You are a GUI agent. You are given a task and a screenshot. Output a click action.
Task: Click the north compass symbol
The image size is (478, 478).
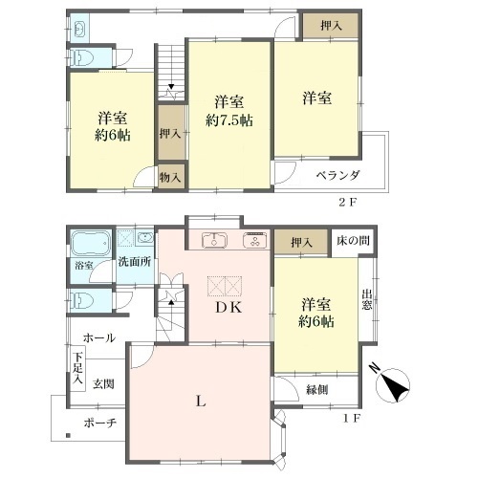pyautogui.click(x=393, y=385)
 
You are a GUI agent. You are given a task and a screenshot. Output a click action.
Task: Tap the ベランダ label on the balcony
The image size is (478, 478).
pyautogui.click(x=337, y=175)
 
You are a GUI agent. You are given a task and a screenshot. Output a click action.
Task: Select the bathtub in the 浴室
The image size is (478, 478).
pyautogui.click(x=91, y=243)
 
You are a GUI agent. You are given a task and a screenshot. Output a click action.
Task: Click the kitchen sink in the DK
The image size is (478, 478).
pyautogui.click(x=214, y=240)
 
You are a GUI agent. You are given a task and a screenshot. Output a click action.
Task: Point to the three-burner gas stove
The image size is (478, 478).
pyautogui.click(x=254, y=240)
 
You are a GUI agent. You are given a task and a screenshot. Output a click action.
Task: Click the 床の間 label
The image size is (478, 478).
pyautogui.click(x=353, y=240)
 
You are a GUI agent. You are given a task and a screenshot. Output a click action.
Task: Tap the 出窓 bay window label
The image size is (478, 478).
pyautogui.click(x=367, y=299)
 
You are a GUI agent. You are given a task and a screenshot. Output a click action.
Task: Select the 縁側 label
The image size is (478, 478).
pyautogui.click(x=317, y=389)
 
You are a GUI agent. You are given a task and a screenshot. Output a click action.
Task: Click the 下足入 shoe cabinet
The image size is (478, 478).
pyautogui.click(x=77, y=368)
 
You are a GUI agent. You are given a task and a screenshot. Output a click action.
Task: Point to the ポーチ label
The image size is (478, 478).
pyautogui.click(x=100, y=424)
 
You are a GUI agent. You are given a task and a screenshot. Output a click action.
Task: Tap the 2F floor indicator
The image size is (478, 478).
pyautogui.click(x=347, y=202)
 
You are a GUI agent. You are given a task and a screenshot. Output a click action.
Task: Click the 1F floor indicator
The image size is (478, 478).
pyautogui.click(x=351, y=418)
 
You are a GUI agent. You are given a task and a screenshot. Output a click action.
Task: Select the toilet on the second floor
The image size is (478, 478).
pyautogui.click(x=82, y=57)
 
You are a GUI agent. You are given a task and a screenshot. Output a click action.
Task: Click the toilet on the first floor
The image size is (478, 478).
pyautogui.click(x=82, y=300)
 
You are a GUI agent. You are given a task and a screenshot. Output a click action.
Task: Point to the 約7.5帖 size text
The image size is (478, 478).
pyautogui.click(x=229, y=120)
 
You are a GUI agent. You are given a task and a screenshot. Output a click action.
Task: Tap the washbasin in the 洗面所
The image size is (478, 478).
pyautogui.click(x=145, y=238)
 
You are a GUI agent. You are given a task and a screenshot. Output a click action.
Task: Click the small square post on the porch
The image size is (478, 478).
pyautogui.click(x=68, y=435)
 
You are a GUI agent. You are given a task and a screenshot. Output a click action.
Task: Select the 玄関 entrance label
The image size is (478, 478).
pyautogui.click(x=103, y=384)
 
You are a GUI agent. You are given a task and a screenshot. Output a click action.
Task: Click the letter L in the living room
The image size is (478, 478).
pyautogui.click(x=201, y=401)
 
